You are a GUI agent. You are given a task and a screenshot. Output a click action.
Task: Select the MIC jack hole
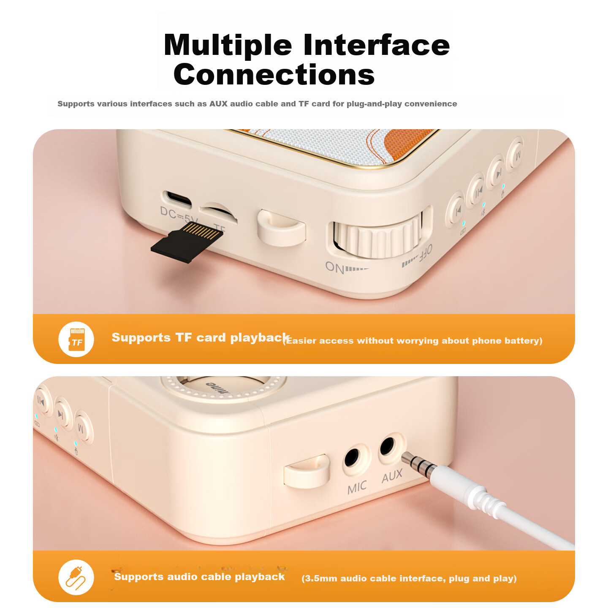tap(352, 458)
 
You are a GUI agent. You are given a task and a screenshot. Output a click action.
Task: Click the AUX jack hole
tap(388, 446)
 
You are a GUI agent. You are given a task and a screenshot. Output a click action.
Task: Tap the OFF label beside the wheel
tap(425, 253)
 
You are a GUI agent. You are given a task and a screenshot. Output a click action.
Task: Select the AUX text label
tap(392, 476)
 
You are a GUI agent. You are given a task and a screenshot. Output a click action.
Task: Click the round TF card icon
tap(76, 339)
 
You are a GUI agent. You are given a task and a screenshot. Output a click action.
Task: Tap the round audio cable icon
tap(76, 577)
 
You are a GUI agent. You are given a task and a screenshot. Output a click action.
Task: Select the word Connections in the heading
tap(274, 74)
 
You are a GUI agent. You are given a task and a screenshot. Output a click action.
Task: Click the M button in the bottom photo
tap(83, 427)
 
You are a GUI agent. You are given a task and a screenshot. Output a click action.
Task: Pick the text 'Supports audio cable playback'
tap(199, 577)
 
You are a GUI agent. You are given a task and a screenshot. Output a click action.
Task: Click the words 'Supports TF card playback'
tap(201, 338)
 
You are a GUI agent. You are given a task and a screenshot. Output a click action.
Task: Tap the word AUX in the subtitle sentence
tap(218, 104)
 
